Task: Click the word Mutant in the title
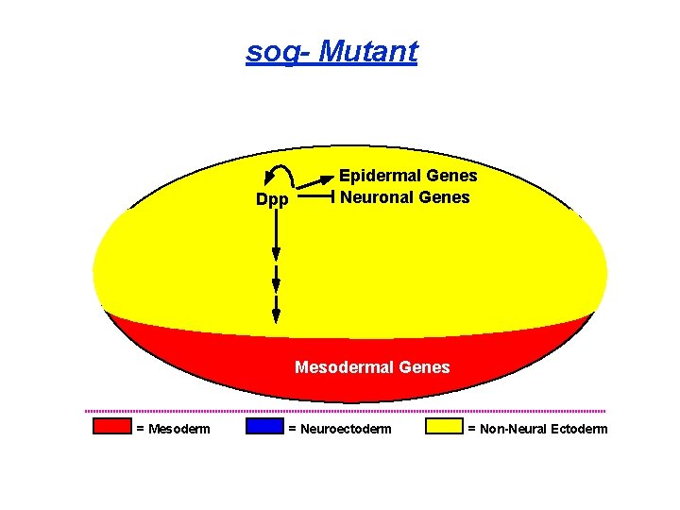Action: pyautogui.click(x=368, y=51)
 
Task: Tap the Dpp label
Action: pyautogui.click(x=272, y=200)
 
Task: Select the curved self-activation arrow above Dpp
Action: pyautogui.click(x=280, y=173)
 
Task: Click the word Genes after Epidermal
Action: pyautogui.click(x=451, y=176)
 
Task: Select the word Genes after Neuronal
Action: pyautogui.click(x=444, y=197)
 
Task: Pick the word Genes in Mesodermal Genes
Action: pyautogui.click(x=424, y=366)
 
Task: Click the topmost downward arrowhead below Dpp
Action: pyautogui.click(x=276, y=253)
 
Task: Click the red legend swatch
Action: pyautogui.click(x=111, y=426)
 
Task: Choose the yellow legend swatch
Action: pyautogui.click(x=443, y=426)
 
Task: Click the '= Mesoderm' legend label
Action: pyautogui.click(x=174, y=430)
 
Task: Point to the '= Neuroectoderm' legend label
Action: pyautogui.click(x=339, y=430)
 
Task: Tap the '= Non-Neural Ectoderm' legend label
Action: pyautogui.click(x=537, y=430)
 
